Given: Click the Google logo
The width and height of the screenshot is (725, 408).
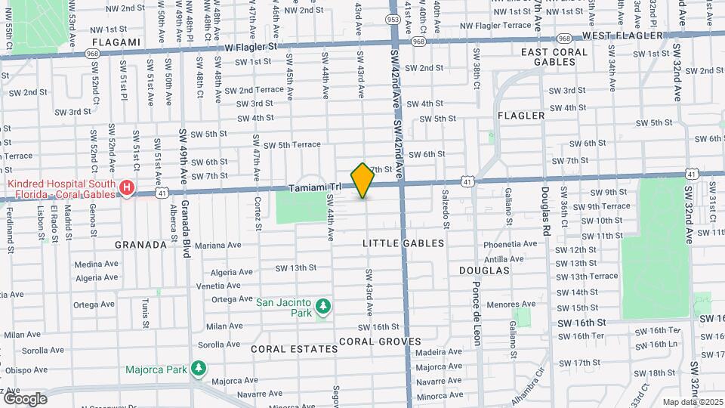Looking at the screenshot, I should pos(25,398).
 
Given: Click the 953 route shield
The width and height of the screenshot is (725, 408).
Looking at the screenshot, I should pos(393,20).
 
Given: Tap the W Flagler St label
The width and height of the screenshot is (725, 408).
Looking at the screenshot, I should pos(252,45).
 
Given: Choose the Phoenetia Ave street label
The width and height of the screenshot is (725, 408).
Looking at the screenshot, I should pos(510,245).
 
